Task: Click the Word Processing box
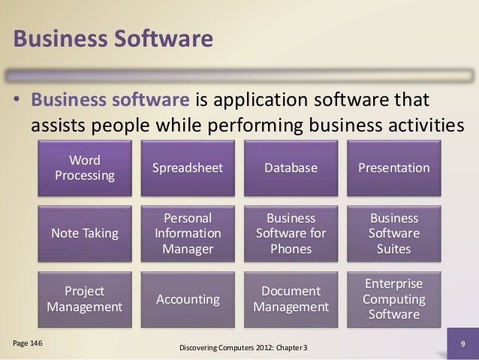85,168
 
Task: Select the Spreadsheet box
187,168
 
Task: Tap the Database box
291,168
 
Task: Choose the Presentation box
393,168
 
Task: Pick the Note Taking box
85,233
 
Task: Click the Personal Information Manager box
187,233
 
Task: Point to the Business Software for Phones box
291,233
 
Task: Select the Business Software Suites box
393,233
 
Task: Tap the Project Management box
85,299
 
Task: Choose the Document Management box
291,299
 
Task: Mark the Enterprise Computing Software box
393,299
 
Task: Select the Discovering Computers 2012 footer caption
245,349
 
